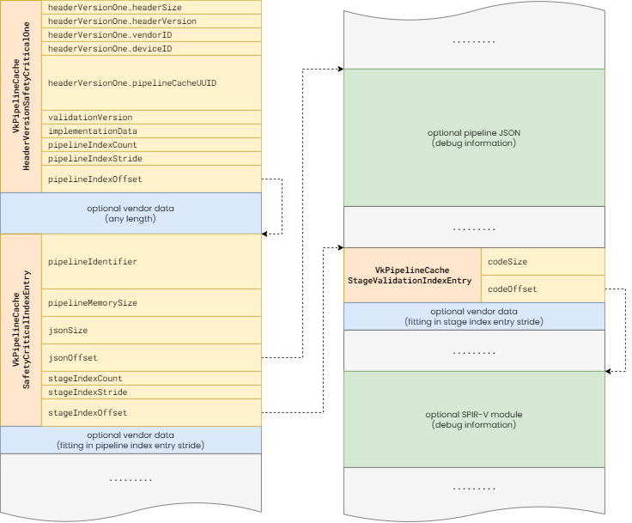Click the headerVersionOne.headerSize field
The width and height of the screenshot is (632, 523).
[x=151, y=7]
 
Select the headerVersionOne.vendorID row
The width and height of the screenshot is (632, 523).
[x=151, y=34]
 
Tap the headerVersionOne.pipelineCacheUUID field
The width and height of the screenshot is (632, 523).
[x=151, y=82]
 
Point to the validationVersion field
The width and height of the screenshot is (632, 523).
[x=151, y=117]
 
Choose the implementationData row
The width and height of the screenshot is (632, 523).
[x=151, y=131]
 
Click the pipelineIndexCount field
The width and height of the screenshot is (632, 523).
[x=151, y=145]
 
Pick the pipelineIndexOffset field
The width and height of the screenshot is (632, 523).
[x=151, y=179]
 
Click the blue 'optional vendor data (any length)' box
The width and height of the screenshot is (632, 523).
[x=131, y=213]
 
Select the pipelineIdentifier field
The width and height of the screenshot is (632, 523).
[x=151, y=261]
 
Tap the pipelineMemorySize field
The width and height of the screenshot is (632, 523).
[x=151, y=303]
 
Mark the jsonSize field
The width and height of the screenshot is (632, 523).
[x=151, y=331]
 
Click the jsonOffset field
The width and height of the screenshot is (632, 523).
[x=151, y=357]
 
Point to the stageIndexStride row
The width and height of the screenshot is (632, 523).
[x=151, y=392]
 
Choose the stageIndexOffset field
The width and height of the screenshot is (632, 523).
[x=151, y=412]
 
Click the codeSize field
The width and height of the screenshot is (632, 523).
[x=543, y=261]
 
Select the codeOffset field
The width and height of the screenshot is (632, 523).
[x=543, y=289]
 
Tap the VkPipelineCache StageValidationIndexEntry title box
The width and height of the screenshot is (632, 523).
[x=412, y=275]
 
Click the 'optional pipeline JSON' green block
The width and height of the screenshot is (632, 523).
[x=474, y=137]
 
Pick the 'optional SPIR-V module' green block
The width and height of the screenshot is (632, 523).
[x=474, y=419]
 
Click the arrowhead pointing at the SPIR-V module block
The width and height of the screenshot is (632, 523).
[x=608, y=371]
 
